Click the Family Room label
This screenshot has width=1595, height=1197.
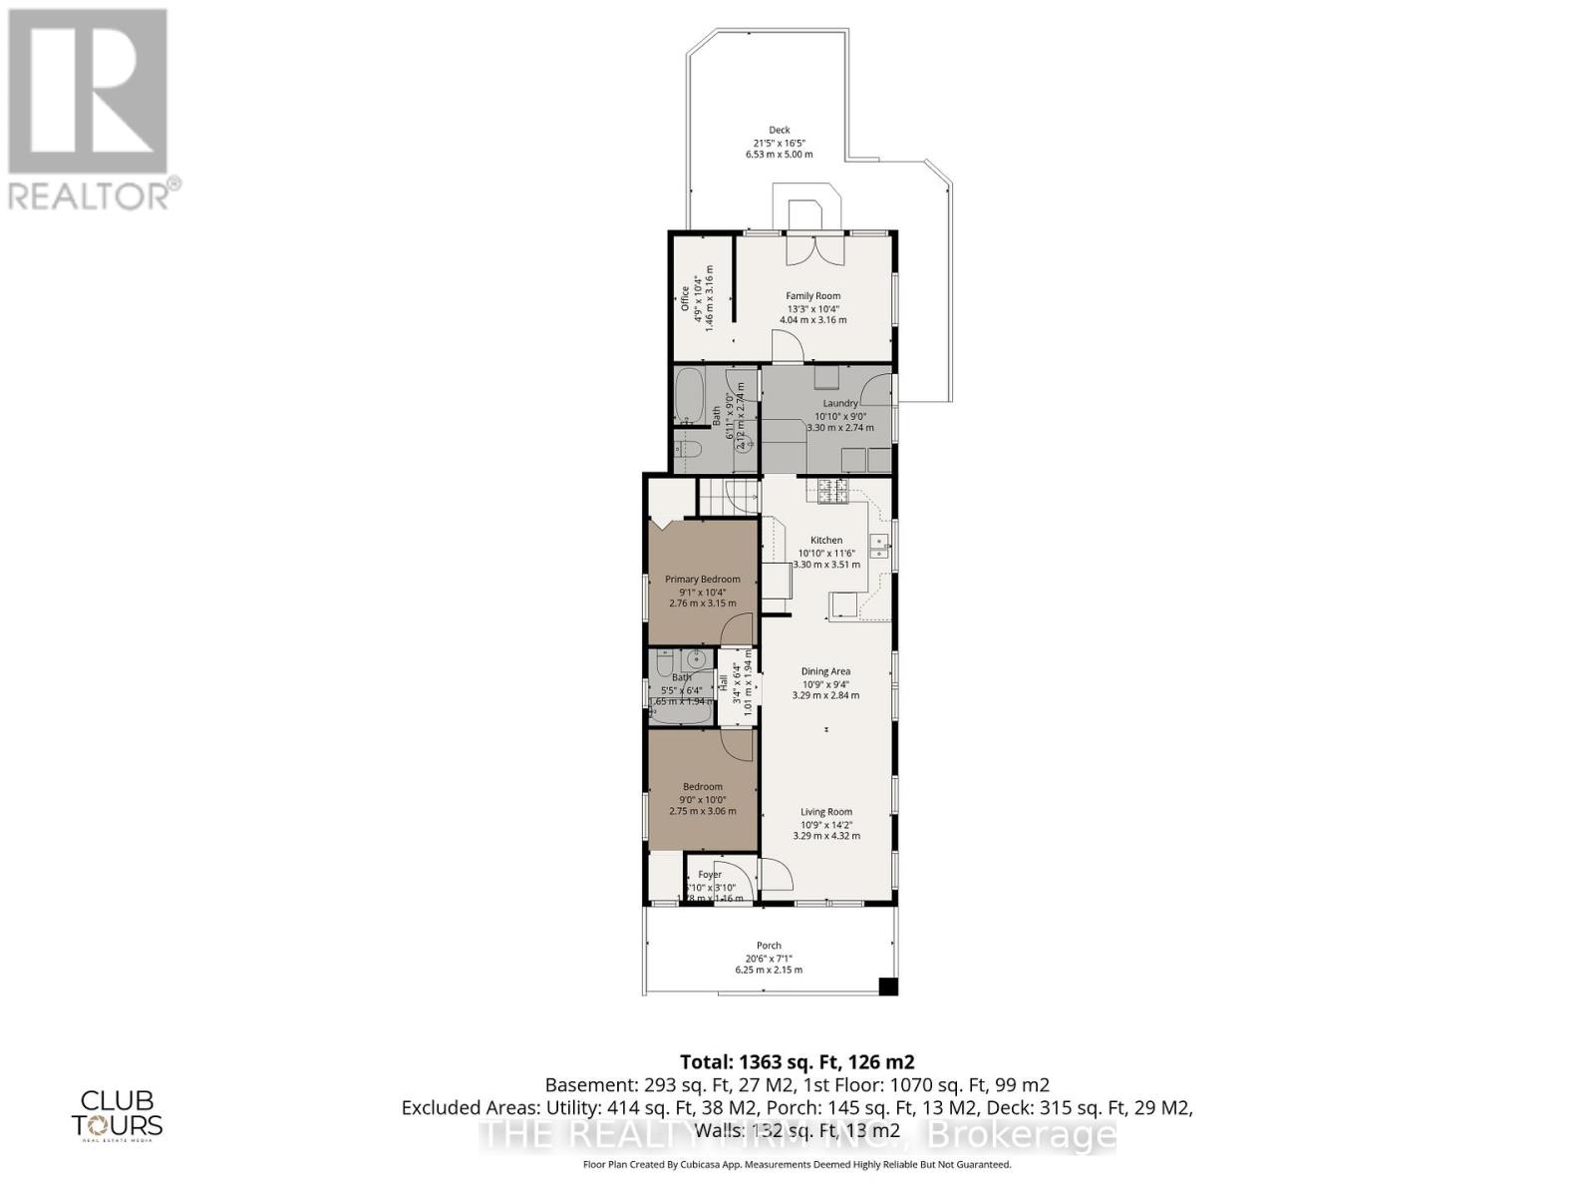[x=812, y=295]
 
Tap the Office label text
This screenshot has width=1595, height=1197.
[x=685, y=299]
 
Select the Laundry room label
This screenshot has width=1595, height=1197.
[x=840, y=403]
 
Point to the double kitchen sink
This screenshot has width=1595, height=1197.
[x=879, y=545]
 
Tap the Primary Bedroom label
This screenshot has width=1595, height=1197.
[x=703, y=579]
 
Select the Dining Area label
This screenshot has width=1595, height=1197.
[x=825, y=671]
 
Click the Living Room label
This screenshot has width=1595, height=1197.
[x=826, y=812]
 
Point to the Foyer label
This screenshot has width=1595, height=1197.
[x=709, y=875]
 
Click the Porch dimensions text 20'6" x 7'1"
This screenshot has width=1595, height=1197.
[x=769, y=958]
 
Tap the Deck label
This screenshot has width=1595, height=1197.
[x=779, y=130]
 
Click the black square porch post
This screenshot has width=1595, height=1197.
[x=888, y=987]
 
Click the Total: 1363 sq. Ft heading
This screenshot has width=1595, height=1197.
[x=797, y=1061]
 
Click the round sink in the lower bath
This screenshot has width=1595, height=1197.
[x=697, y=659]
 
